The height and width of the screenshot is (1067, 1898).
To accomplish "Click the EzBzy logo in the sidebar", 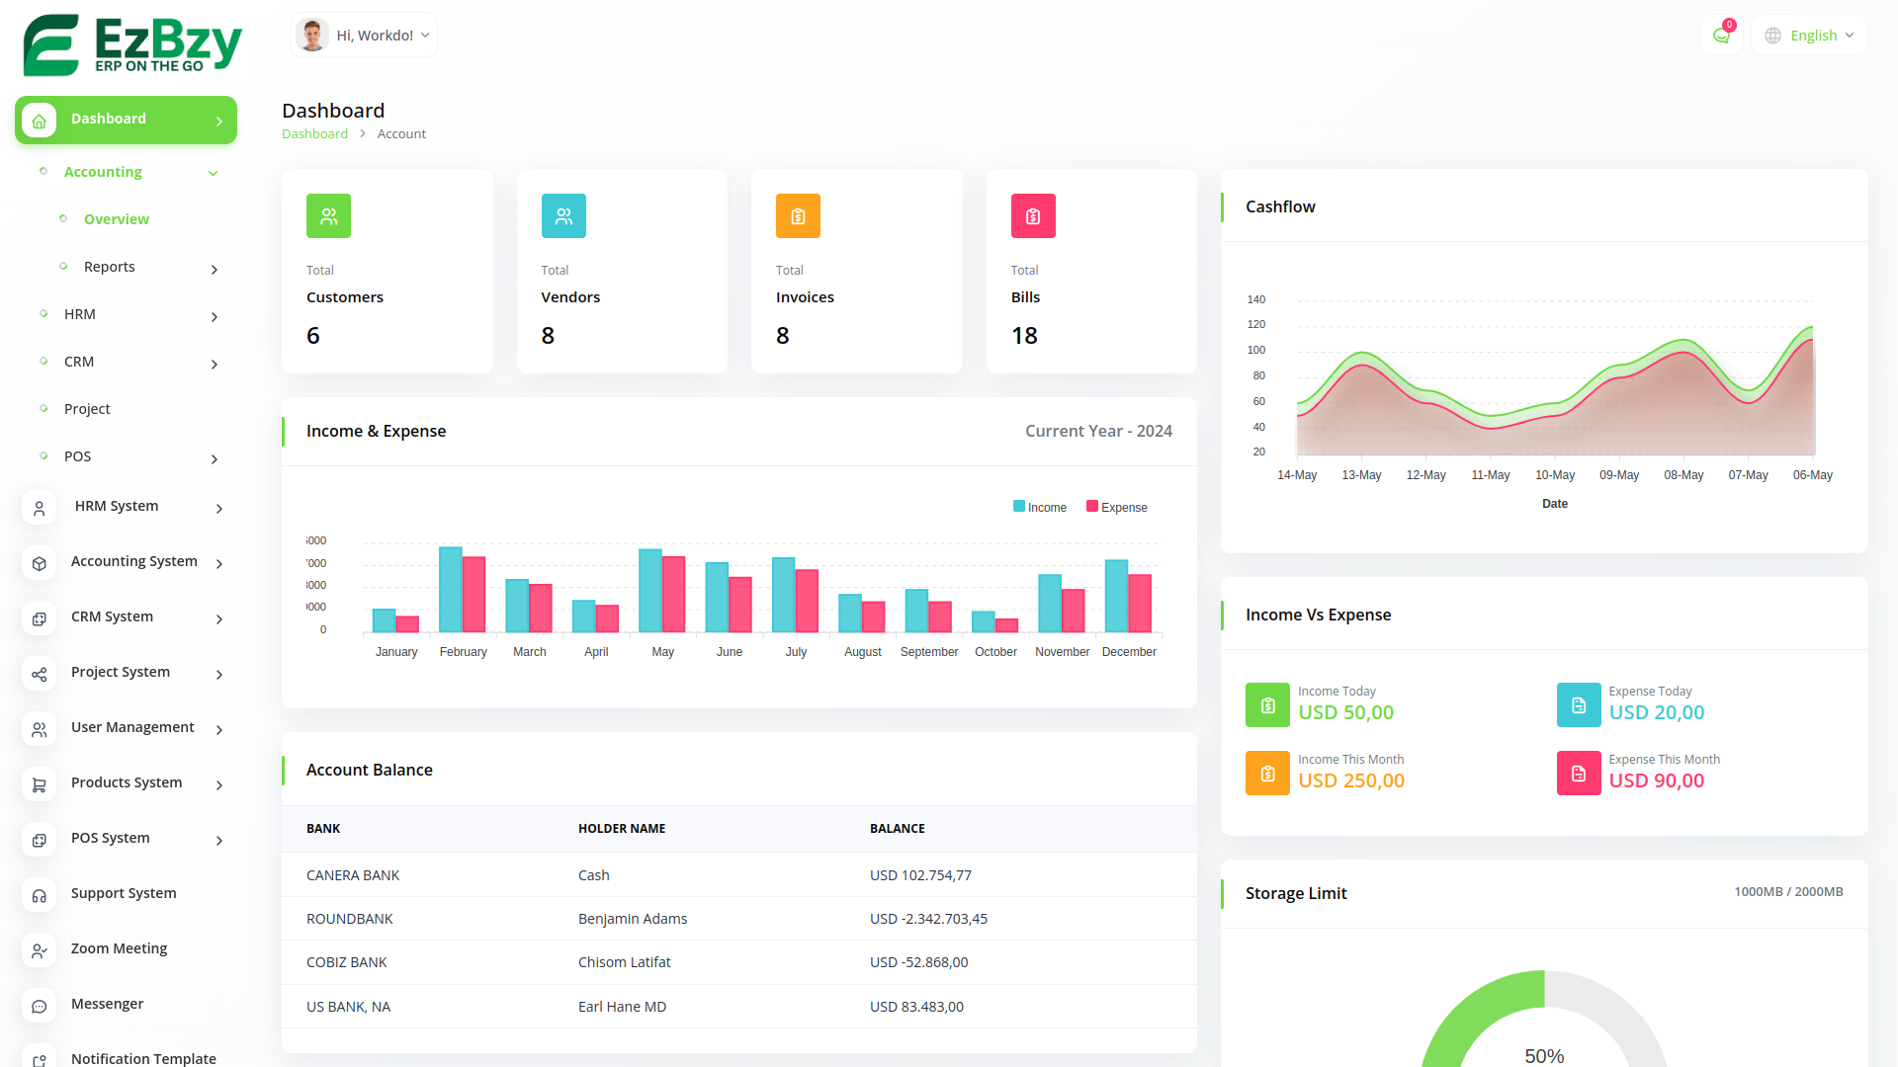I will pos(132,44).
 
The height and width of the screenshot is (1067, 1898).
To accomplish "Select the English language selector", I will pos(1810,36).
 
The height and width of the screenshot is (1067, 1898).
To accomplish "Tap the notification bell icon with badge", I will pos(1721,36).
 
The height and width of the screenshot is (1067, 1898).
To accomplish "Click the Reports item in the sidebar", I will pos(110,267).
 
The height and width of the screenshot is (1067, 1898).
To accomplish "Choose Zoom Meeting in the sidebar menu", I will pos(119,948).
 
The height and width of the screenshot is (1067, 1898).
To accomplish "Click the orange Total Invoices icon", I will pos(798,216).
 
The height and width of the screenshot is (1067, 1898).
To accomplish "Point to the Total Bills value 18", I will pos(1024,336).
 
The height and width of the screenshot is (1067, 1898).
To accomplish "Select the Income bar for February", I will pos(451,589).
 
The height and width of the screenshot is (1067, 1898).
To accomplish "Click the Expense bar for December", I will pos(1140,603).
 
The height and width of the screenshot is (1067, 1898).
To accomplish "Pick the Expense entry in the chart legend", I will pos(1117,508).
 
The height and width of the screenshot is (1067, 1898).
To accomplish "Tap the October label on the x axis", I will pos(995,652).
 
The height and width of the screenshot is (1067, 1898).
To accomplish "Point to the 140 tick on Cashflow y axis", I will pos(1256,299).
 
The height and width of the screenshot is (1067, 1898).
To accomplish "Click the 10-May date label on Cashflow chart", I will pos(1555,475).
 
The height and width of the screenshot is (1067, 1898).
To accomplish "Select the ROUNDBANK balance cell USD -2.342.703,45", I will pos(928,919).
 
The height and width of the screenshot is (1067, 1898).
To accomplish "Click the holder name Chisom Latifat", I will pos(625,962).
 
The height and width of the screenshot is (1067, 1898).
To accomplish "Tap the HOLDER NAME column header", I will pos(622,829).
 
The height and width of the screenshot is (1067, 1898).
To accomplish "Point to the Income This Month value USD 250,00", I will pos(1351,780).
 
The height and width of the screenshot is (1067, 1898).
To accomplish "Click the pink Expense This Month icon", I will pos(1579,774).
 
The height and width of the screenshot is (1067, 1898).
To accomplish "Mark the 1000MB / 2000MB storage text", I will pos(1788,892).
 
